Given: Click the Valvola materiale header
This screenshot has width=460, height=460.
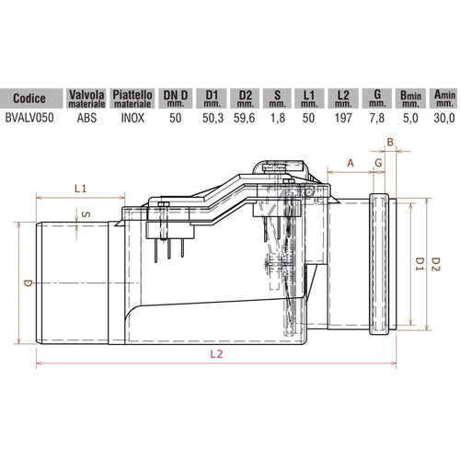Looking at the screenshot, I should (87, 97).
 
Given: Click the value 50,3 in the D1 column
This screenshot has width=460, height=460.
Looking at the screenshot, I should (212, 117).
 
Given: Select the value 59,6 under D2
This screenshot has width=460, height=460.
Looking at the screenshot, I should (245, 117).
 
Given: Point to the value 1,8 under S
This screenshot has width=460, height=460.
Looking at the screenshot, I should (278, 117).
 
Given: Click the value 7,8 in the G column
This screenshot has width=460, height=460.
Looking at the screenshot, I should (377, 117).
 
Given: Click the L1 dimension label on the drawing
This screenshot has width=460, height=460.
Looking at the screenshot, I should (80, 189).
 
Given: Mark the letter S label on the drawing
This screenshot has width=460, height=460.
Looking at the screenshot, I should (86, 213).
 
